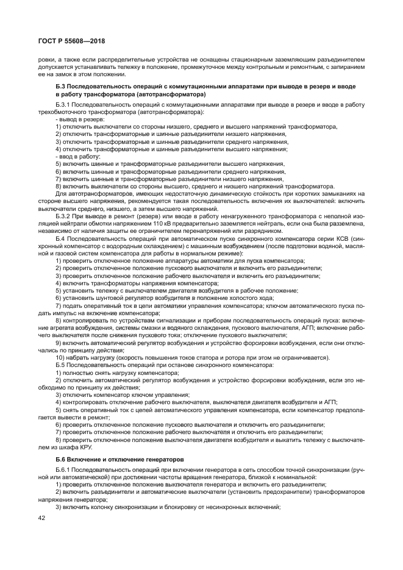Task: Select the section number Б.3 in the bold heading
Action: pos(62,87)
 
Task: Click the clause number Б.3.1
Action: pos(64,105)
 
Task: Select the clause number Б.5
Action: pos(60,365)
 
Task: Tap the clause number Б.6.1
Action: pos(64,470)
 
